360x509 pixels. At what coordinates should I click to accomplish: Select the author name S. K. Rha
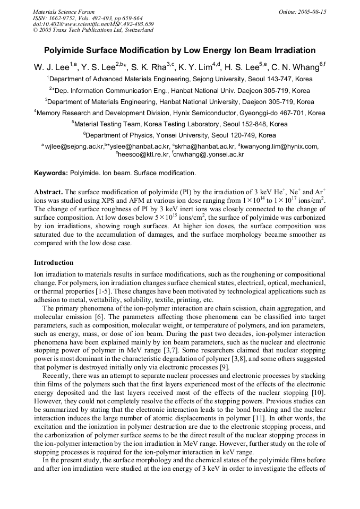pyautogui.click(x=152, y=67)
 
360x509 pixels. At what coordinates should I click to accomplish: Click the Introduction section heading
pyautogui.click(x=54, y=263)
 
